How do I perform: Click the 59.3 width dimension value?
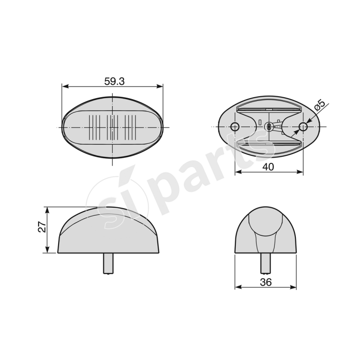pyautogui.click(x=114, y=81)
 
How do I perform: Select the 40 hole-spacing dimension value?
pyautogui.click(x=268, y=167)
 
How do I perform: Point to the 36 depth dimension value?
pyautogui.click(x=266, y=282)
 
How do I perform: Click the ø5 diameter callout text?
pyautogui.click(x=320, y=106)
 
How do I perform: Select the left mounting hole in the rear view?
pyautogui.click(x=235, y=126)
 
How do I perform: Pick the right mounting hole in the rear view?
pyautogui.click(x=303, y=126)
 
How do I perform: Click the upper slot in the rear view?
pyautogui.click(x=269, y=108)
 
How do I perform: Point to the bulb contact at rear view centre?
pyautogui.click(x=269, y=126)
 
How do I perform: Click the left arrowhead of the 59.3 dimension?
pyautogui.click(x=65, y=86)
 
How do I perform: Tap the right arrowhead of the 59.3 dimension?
pyautogui.click(x=160, y=86)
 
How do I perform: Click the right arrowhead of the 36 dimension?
pyautogui.click(x=294, y=288)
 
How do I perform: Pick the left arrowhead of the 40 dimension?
pyautogui.click(x=238, y=172)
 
